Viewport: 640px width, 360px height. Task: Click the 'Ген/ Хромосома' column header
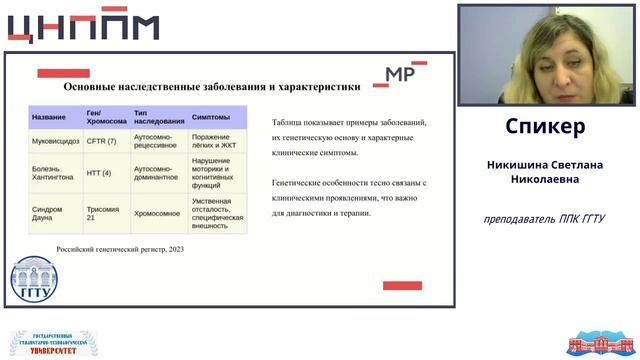[x=105, y=117]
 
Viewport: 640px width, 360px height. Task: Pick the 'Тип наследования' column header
[x=158, y=117]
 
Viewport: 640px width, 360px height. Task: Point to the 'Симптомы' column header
[x=211, y=117]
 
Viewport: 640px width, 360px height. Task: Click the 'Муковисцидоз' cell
[x=54, y=141]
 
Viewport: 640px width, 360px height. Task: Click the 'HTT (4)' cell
[x=99, y=170]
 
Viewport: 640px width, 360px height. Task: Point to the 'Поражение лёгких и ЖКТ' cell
[x=216, y=141]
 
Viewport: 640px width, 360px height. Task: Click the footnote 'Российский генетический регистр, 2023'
[x=120, y=247]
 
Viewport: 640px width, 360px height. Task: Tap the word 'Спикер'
[x=545, y=128]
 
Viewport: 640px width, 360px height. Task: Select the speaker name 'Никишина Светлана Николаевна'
[x=545, y=172]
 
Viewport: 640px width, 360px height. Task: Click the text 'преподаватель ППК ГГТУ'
[x=545, y=219]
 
